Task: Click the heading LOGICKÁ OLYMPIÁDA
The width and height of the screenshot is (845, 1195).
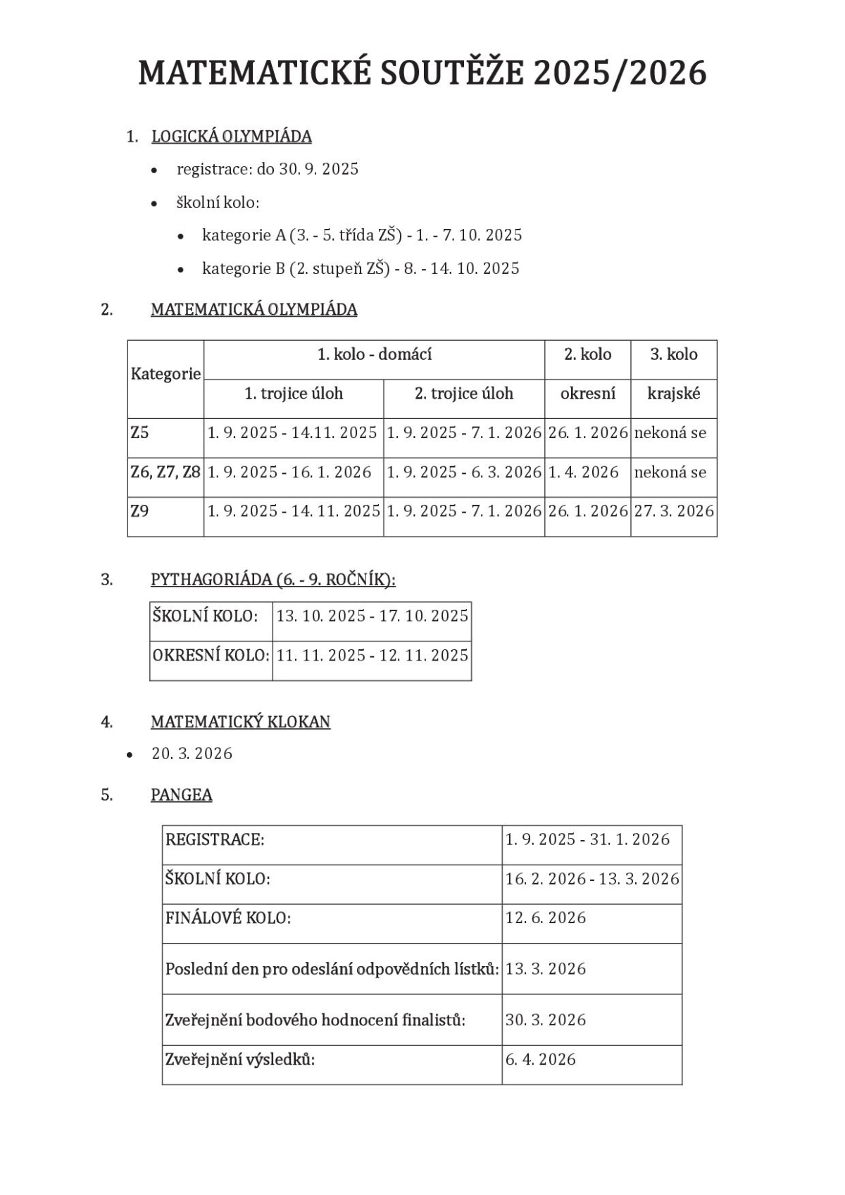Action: tap(232, 137)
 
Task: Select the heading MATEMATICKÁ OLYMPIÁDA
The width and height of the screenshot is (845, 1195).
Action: tap(254, 310)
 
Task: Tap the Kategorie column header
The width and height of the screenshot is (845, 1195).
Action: tap(165, 374)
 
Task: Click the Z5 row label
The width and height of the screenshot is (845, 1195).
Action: tap(140, 432)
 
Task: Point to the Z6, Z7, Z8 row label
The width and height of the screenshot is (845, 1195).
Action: tap(165, 472)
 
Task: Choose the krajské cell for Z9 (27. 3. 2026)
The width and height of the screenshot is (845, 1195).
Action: tap(674, 511)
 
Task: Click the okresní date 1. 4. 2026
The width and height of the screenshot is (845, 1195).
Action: tap(584, 472)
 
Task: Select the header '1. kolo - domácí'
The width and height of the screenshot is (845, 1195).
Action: tap(374, 354)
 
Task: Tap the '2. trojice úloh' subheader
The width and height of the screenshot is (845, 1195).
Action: tap(464, 394)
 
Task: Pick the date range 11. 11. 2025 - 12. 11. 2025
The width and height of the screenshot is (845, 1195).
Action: tap(372, 656)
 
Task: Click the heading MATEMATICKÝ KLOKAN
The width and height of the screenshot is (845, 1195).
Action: tap(240, 722)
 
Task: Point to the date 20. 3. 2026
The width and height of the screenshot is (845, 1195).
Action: tap(192, 754)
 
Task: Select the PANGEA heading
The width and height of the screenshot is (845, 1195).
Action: tap(182, 795)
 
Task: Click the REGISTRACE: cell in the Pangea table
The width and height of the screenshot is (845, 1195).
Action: tap(215, 839)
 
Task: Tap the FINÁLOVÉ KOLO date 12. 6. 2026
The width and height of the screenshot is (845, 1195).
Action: tap(546, 918)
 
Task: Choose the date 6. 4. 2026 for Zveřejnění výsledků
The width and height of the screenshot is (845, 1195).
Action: tap(541, 1060)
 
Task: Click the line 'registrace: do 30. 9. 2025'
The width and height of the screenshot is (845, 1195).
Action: tap(268, 170)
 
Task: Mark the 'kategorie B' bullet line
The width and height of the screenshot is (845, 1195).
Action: tap(361, 269)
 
